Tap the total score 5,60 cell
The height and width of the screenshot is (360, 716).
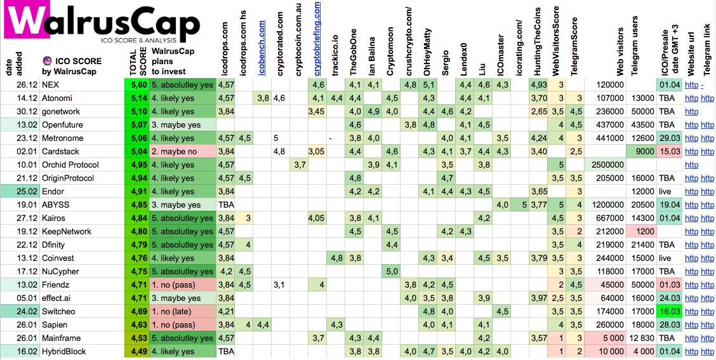[x=138, y=84]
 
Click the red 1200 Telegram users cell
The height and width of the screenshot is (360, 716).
[x=640, y=231]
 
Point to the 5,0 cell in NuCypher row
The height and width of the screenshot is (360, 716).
[x=392, y=271]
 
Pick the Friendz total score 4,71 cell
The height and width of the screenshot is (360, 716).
[x=138, y=284]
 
